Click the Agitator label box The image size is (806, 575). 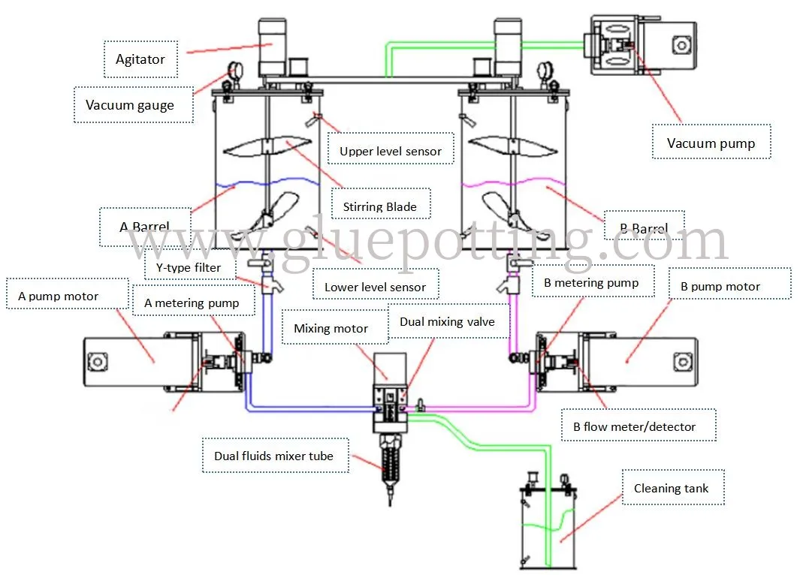140,59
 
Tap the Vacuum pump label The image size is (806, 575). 711,143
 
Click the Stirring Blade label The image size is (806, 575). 380,206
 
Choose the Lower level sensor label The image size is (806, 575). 375,287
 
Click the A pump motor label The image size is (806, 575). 59,297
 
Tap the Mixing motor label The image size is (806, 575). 331,328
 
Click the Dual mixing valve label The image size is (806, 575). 447,322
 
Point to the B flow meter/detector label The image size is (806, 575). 634,427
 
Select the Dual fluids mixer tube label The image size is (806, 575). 274,456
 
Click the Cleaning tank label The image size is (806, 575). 671,489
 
